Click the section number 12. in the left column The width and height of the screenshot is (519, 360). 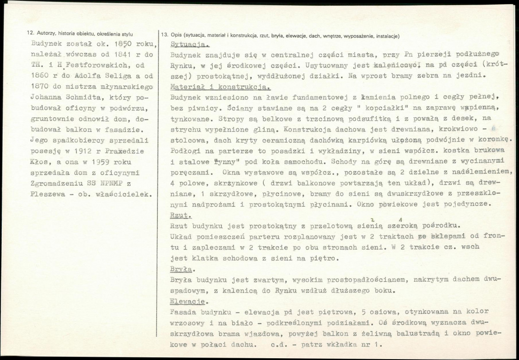coord(30,34)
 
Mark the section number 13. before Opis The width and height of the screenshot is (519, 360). coord(164,36)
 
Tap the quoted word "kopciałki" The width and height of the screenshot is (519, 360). coord(305,107)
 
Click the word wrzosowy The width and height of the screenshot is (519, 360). coord(187,322)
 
